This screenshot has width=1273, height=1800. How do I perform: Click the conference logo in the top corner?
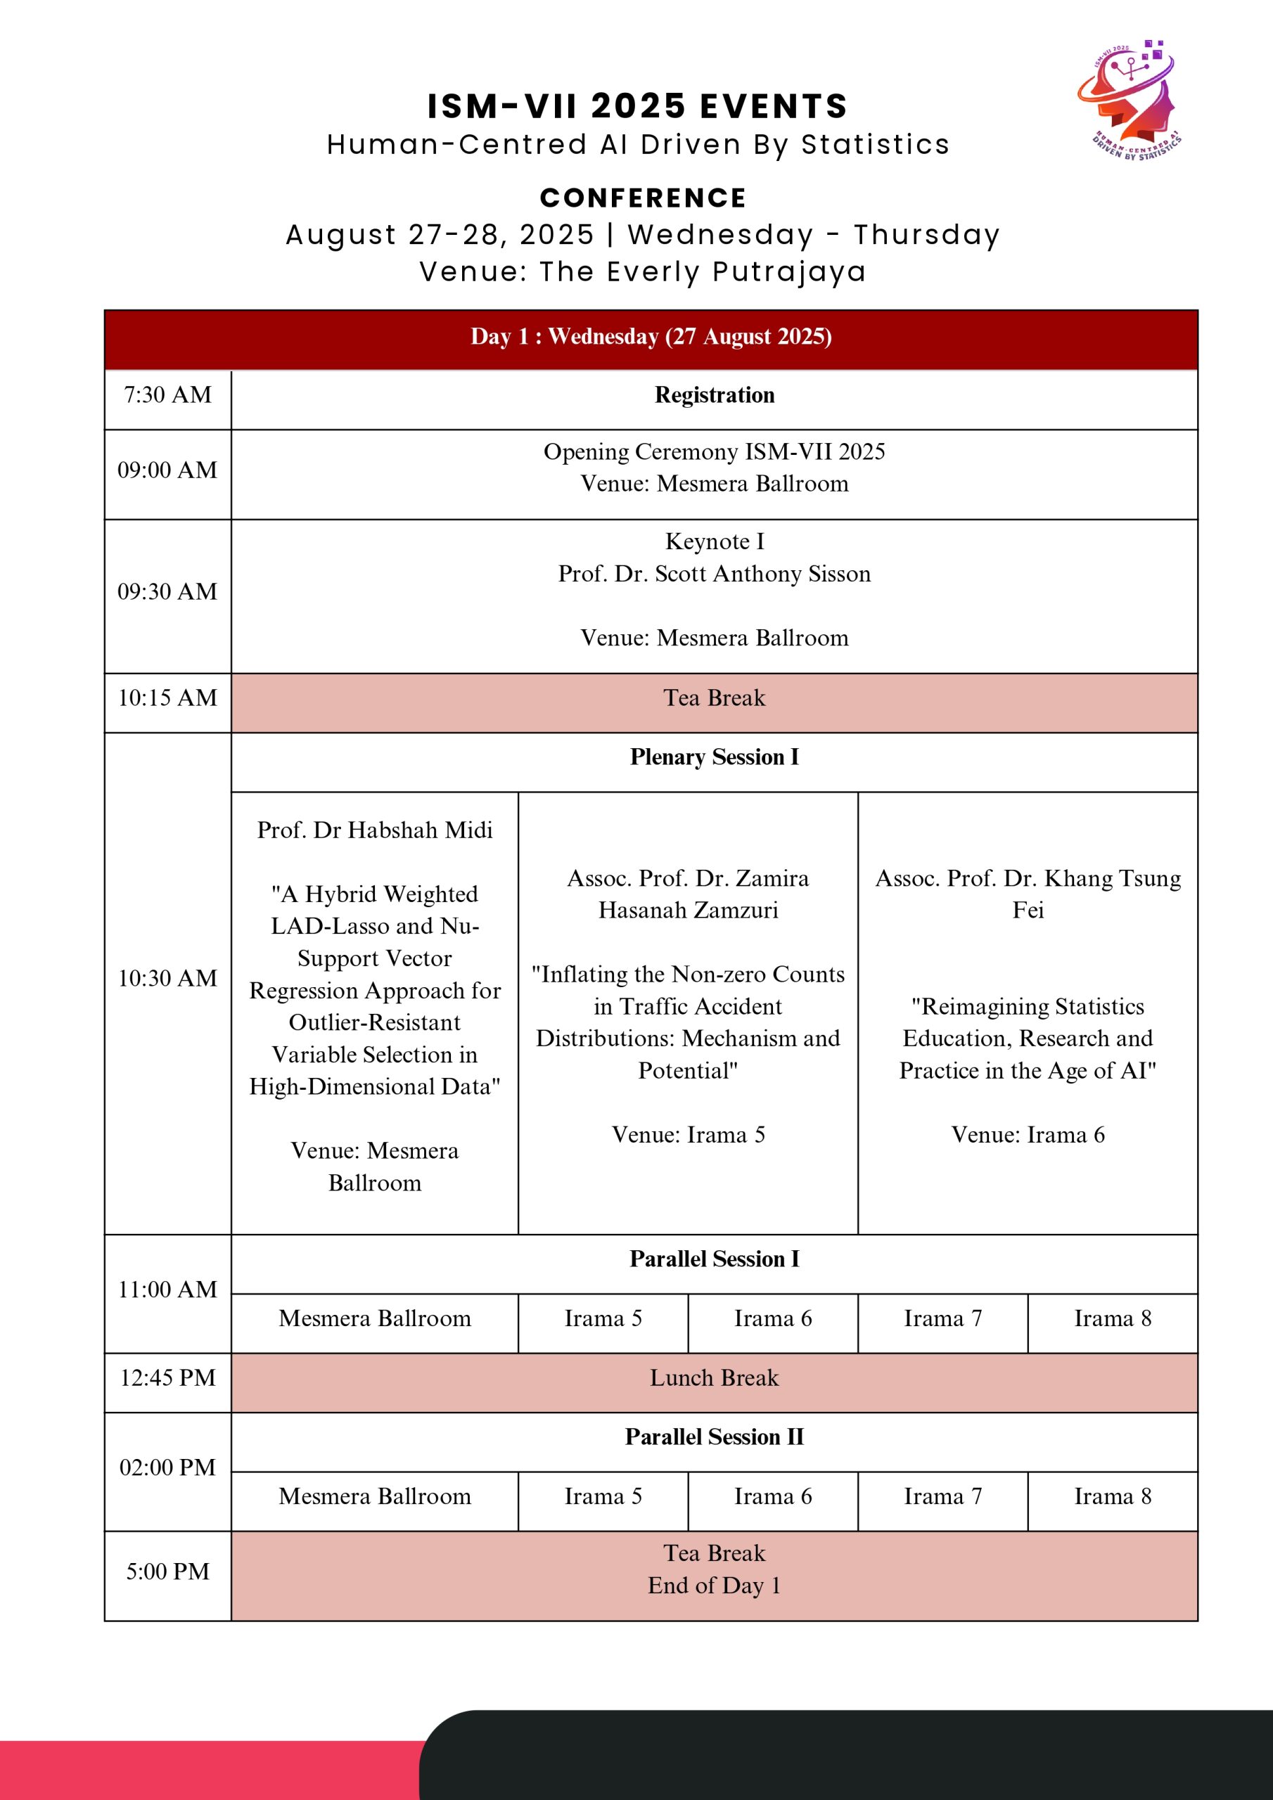point(1129,101)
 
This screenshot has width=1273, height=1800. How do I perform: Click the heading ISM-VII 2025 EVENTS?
point(637,106)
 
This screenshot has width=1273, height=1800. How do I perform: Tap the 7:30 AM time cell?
point(167,395)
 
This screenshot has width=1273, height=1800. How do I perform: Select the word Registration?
point(714,395)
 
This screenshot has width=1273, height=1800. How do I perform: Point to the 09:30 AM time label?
point(167,592)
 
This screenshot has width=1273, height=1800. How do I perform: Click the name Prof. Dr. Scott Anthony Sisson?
point(714,574)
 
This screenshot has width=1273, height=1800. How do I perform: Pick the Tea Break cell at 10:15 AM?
point(714,697)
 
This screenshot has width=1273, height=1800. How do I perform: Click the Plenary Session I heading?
point(714,757)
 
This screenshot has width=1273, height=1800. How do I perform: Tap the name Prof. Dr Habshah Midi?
point(375,830)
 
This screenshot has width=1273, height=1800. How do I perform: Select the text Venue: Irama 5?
point(688,1135)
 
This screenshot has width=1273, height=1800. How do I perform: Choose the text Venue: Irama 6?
point(1028,1135)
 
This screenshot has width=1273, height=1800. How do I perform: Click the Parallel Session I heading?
point(714,1259)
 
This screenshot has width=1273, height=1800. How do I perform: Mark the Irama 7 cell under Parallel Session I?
point(942,1318)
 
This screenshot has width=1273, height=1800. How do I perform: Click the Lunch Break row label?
point(714,1378)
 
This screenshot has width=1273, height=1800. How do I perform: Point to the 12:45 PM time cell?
point(167,1378)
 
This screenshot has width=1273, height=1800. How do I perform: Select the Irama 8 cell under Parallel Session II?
point(1112,1497)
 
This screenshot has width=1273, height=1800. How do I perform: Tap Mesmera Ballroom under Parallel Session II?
point(375,1497)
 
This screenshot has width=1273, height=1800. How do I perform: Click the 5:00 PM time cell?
point(167,1572)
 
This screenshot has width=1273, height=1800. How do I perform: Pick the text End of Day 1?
point(714,1586)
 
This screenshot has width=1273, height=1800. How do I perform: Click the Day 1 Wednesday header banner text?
point(651,336)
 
